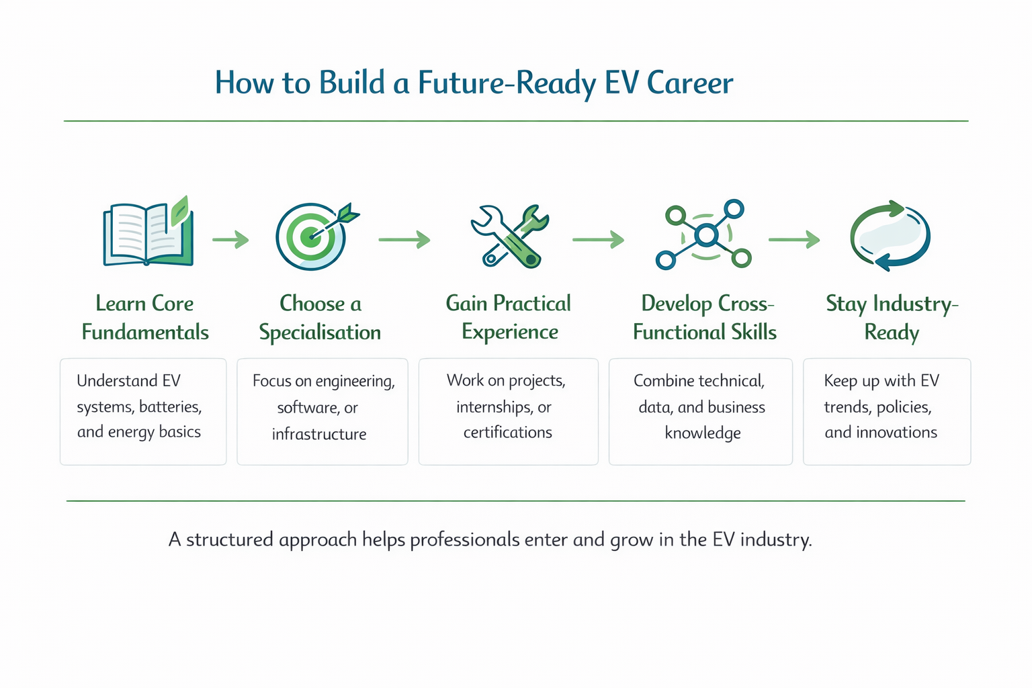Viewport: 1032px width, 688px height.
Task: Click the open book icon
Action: click(148, 234)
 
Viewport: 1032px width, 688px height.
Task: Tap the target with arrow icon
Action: click(312, 236)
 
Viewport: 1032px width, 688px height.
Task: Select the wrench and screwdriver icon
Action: click(510, 236)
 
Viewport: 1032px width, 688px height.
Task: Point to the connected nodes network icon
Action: click(703, 235)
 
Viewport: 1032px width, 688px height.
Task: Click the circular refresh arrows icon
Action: click(890, 235)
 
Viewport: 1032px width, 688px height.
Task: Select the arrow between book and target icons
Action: click(230, 239)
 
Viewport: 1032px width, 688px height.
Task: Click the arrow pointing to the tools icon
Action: click(404, 239)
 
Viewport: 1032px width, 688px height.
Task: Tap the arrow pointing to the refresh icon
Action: click(793, 239)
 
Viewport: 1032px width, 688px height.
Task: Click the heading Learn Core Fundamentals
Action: click(145, 318)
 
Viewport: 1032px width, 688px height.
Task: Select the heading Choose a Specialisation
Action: click(320, 318)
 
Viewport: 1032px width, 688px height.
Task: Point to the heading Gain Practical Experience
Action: click(509, 318)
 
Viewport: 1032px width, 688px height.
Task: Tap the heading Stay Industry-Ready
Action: click(892, 318)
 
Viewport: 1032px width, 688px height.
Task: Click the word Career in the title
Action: click(689, 83)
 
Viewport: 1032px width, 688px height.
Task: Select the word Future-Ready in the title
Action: click(507, 83)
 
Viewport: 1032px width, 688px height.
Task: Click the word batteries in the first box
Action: click(170, 407)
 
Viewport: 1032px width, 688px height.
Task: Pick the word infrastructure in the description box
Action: click(319, 434)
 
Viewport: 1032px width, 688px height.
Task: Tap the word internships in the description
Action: click(494, 407)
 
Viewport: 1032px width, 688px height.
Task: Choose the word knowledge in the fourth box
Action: click(703, 433)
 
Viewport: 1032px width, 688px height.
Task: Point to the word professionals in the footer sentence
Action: click(464, 540)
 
